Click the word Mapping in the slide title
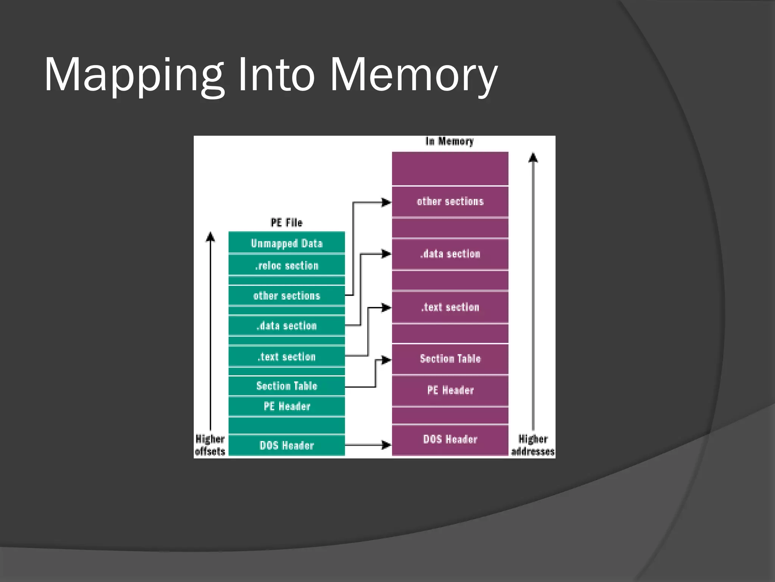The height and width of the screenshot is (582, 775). click(134, 75)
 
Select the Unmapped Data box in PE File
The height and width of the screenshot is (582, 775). click(286, 243)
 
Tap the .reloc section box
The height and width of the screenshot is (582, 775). click(286, 265)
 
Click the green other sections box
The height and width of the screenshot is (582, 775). click(286, 296)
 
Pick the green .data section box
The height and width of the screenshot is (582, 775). click(286, 325)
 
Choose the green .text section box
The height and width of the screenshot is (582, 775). click(286, 356)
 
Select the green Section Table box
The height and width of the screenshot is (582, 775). click(286, 386)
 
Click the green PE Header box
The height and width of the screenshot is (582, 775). click(286, 406)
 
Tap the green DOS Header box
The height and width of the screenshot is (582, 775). click(286, 445)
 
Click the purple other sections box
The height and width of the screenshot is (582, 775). click(450, 201)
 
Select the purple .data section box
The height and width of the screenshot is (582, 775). click(450, 253)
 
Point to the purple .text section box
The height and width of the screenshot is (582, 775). click(450, 307)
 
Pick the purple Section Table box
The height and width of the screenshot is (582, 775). click(450, 358)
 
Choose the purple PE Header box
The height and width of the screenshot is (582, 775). click(450, 390)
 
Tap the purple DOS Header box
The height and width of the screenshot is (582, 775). click(450, 439)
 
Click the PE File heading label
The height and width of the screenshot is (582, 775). click(286, 222)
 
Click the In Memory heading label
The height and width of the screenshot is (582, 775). click(450, 141)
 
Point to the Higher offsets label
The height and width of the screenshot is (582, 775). click(210, 445)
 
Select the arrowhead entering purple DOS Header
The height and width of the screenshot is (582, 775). click(386, 445)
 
